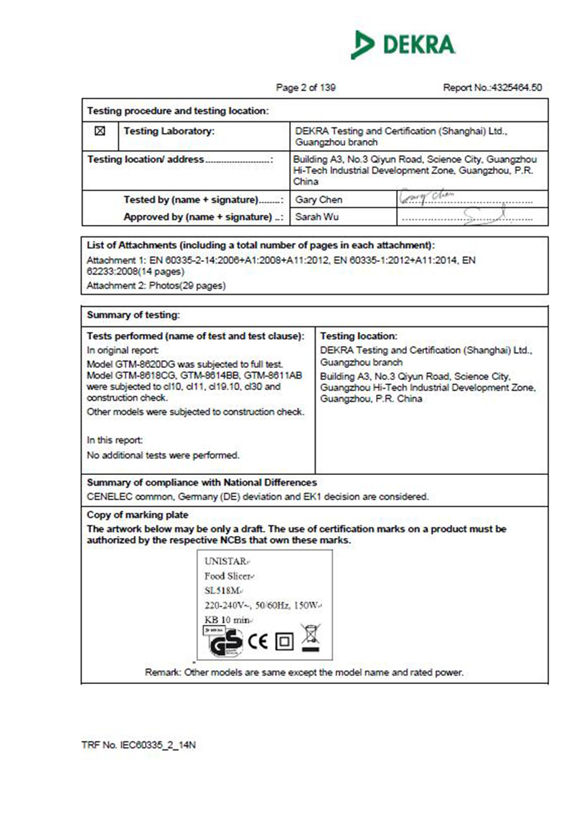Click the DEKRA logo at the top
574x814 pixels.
403,45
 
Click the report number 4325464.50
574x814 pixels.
492,88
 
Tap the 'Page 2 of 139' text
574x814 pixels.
306,88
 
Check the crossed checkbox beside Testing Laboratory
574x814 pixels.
100,131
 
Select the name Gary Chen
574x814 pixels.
319,200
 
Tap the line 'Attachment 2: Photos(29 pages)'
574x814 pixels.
156,286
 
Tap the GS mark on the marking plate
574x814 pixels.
225,641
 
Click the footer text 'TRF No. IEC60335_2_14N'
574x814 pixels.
138,745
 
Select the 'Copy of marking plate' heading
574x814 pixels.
138,514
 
